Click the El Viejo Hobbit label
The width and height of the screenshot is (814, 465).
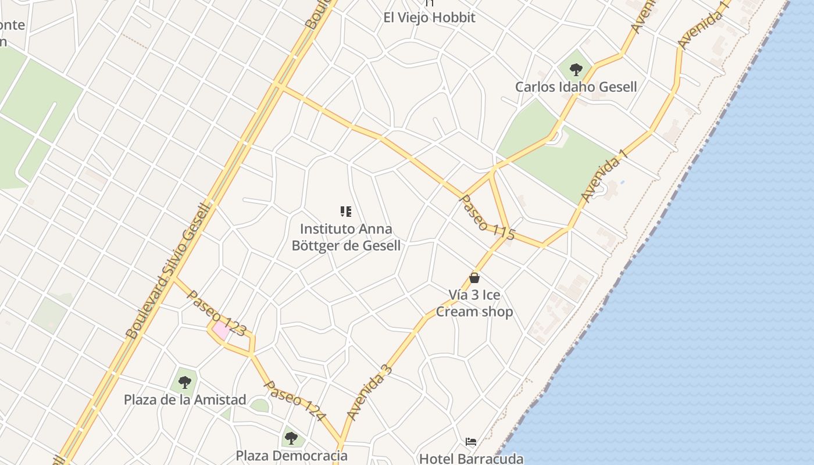[429, 17]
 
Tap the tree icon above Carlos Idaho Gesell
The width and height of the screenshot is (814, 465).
[576, 70]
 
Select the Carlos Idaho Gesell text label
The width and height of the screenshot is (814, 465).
[576, 87]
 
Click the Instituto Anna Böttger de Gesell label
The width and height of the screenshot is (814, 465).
[346, 237]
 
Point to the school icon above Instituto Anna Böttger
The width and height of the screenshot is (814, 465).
[346, 212]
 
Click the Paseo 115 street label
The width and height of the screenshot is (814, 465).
[487, 217]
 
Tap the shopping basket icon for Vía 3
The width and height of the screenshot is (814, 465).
[474, 278]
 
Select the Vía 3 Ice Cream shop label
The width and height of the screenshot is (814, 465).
[474, 303]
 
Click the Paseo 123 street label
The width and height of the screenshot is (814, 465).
[216, 313]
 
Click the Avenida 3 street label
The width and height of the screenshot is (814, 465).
[370, 392]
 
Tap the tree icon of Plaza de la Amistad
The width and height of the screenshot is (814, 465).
[185, 382]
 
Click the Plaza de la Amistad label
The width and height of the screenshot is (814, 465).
[185, 400]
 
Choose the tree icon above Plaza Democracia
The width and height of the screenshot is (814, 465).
[291, 438]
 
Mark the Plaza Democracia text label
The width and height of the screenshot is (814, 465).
[291, 455]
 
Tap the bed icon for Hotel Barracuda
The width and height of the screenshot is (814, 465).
[471, 442]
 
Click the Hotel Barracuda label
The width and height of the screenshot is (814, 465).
[471, 459]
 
